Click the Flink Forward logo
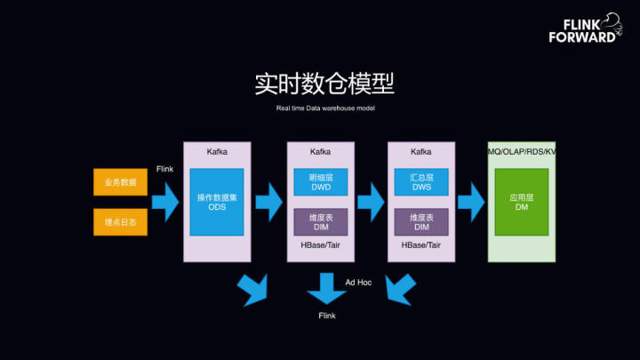coord(586,28)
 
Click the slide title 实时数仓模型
coord(325,84)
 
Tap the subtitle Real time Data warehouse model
coord(325,108)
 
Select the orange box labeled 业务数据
coord(120,182)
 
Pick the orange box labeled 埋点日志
coord(120,222)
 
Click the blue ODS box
coord(217,202)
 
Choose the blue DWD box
coord(321,182)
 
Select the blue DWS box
coord(421,182)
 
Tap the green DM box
coord(522,202)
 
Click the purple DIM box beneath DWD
coord(321,222)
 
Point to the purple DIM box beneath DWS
coord(421,222)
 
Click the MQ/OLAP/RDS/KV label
coord(522,152)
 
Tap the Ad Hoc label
coord(358,283)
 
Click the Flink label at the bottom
coord(327,316)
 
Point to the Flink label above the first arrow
coord(165,169)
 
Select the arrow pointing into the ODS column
coord(165,202)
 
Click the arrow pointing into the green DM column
coord(471,202)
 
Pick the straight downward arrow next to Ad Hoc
coord(326,288)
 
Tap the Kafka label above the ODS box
coord(217,152)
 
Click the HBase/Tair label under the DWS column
coord(420,245)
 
